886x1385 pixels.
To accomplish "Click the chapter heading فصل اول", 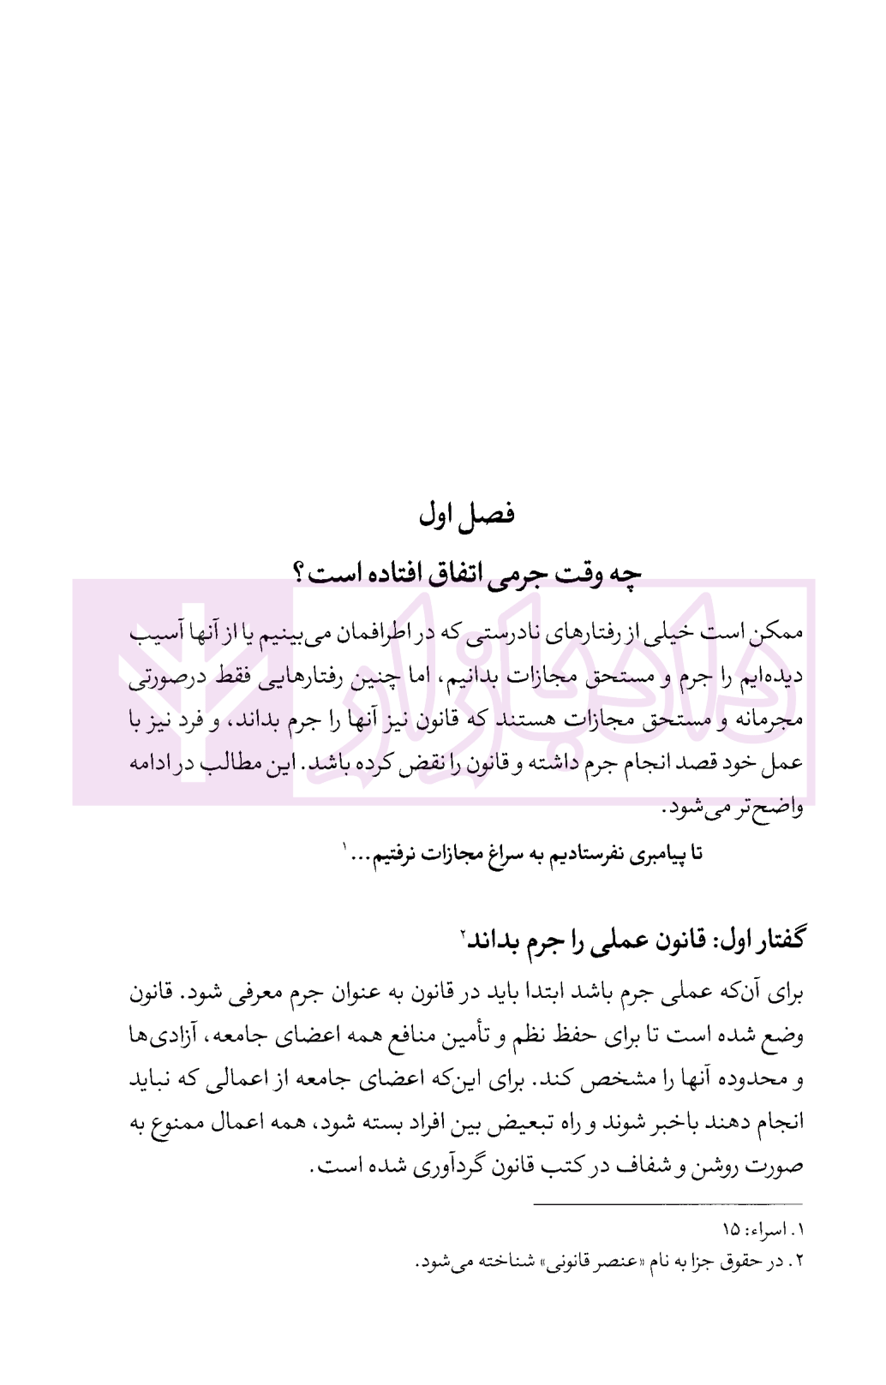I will [x=466, y=515].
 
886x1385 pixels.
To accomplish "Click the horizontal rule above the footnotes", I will [x=668, y=1204].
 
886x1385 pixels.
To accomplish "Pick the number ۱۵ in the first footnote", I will [x=731, y=1231].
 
